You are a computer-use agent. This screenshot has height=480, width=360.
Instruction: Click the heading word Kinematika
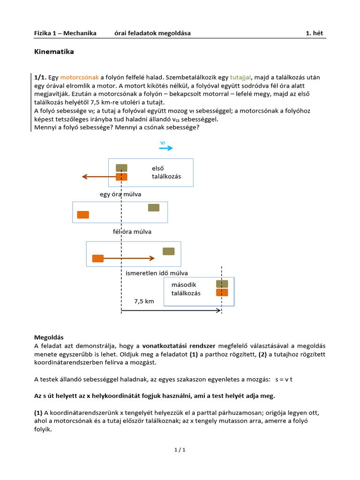tap(54, 52)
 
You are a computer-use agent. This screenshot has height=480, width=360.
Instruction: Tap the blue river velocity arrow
tap(166, 148)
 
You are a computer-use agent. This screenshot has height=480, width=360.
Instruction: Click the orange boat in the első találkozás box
tap(121, 177)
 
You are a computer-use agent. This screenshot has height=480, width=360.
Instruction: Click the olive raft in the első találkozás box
tap(121, 168)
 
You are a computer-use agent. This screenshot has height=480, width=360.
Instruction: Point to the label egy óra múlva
tap(120, 194)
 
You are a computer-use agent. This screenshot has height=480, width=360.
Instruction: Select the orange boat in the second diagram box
tap(83, 215)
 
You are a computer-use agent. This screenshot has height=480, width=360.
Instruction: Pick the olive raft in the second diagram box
tap(154, 208)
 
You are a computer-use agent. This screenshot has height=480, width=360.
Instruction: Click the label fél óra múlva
tap(132, 232)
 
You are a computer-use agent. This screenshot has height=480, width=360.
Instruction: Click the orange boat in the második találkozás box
tap(222, 292)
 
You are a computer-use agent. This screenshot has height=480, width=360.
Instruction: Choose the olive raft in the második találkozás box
tap(222, 284)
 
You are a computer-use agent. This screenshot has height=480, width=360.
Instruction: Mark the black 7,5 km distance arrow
tap(171, 310)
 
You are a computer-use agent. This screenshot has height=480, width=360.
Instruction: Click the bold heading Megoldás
tap(49, 337)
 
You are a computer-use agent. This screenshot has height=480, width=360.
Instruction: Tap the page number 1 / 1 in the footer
tap(180, 450)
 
